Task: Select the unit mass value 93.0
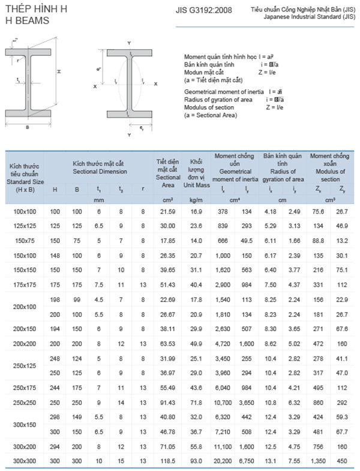point(196,460)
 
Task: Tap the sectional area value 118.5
point(168,460)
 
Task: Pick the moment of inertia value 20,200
point(223,460)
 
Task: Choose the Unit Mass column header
point(196,170)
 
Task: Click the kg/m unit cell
point(196,199)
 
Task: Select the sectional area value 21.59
point(168,212)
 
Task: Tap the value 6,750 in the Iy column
point(247,460)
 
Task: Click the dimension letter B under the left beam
point(28,127)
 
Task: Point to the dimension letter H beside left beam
point(59,71)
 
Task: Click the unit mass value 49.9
point(196,344)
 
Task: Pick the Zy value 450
point(342,460)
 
